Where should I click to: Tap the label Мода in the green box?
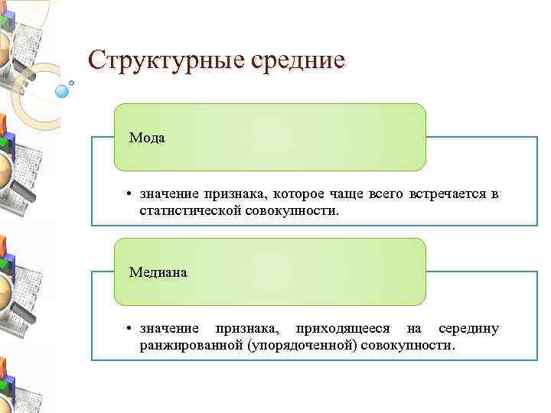147,138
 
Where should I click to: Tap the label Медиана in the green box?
157,272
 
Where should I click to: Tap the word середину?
468,329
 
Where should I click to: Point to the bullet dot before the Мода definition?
131,194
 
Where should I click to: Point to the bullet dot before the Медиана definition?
131,329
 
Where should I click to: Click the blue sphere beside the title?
62,91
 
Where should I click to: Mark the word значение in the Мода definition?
165,194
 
